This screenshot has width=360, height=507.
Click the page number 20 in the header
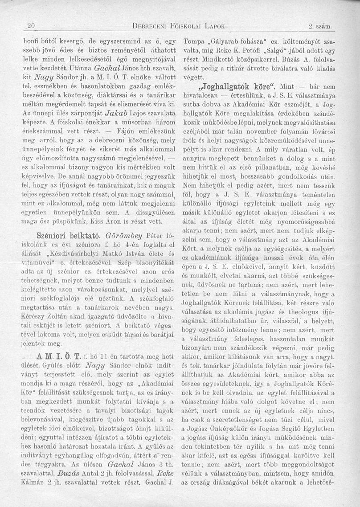point(30,25)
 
